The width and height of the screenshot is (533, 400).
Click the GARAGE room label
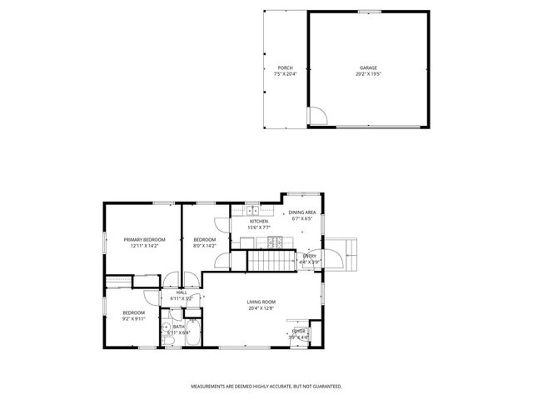(x=368, y=67)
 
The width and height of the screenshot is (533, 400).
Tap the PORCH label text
(x=285, y=67)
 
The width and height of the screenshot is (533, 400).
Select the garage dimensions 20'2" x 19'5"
(x=368, y=74)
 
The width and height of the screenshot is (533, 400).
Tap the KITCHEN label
(x=259, y=221)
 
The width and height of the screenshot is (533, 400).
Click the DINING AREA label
(x=301, y=213)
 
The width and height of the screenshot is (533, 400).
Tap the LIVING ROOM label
(x=261, y=302)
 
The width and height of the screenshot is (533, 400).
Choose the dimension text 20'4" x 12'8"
(x=261, y=308)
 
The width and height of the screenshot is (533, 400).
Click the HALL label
(x=181, y=292)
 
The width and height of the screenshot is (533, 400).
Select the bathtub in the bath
(x=192, y=326)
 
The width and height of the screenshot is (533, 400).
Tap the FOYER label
(x=299, y=331)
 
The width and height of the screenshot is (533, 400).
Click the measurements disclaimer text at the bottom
(x=266, y=387)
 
